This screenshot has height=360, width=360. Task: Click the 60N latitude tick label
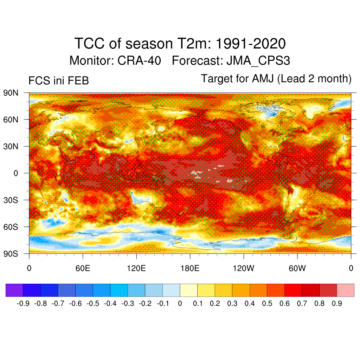[10, 120]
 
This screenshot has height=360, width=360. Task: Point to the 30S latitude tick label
[10, 200]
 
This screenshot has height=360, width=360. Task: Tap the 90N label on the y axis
[10, 93]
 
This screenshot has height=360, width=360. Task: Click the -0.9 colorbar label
[23, 303]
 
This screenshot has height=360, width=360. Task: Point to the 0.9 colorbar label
[336, 303]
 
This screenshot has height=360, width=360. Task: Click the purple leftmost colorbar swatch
[14, 290]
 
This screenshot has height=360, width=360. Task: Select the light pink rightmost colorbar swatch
[345, 290]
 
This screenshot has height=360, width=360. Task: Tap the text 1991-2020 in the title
[250, 44]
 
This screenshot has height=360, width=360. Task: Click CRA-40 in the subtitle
[139, 60]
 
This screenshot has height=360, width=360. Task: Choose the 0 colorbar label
[180, 303]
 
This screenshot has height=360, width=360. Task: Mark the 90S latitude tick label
[10, 253]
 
